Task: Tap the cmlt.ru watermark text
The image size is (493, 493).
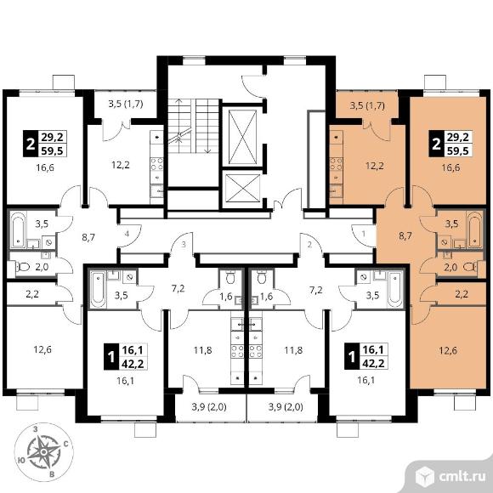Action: pyautogui.click(x=462, y=478)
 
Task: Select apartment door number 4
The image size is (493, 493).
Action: pyautogui.click(x=127, y=234)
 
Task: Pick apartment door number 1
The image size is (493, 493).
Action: pyautogui.click(x=364, y=234)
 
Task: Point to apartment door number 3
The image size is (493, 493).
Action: pyautogui.click(x=184, y=244)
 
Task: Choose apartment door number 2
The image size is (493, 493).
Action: pyautogui.click(x=309, y=244)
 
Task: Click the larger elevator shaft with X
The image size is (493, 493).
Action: pyautogui.click(x=242, y=137)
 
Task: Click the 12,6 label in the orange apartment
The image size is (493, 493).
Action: pyautogui.click(x=448, y=350)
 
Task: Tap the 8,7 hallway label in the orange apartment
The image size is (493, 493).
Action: pyautogui.click(x=405, y=235)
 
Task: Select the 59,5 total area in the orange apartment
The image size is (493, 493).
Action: pyautogui.click(x=459, y=151)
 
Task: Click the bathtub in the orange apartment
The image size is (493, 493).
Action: pyautogui.click(x=474, y=229)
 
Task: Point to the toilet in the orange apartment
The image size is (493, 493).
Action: pyautogui.click(x=470, y=267)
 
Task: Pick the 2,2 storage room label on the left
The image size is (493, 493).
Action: pyautogui.click(x=32, y=295)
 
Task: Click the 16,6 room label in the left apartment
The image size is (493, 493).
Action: pyautogui.click(x=45, y=167)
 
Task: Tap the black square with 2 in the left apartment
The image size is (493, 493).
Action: pyautogui.click(x=30, y=144)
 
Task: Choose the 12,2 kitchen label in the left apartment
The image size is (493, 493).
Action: pyautogui.click(x=121, y=164)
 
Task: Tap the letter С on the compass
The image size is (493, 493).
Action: pyautogui.click(x=66, y=444)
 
